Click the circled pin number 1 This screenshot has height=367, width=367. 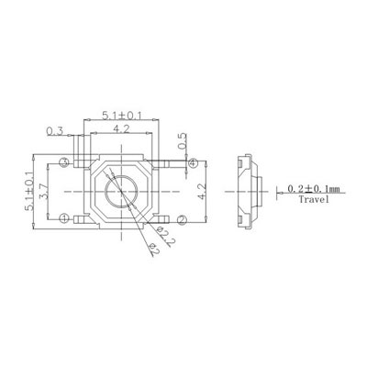pyautogui.click(x=64, y=218)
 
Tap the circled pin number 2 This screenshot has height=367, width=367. pyautogui.click(x=182, y=219)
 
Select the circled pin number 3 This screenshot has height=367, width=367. pyautogui.click(x=64, y=162)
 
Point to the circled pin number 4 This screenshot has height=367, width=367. pyautogui.click(x=193, y=163)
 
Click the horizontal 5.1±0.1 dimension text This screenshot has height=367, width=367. pyautogui.click(x=122, y=116)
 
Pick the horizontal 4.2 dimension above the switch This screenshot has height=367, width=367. pyautogui.click(x=121, y=129)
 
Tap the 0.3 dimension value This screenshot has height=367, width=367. pyautogui.click(x=55, y=131)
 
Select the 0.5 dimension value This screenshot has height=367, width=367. pyautogui.click(x=182, y=141)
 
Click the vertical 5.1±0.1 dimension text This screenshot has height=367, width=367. pyautogui.click(x=29, y=192)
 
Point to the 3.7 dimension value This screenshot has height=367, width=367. pyautogui.click(x=44, y=192)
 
